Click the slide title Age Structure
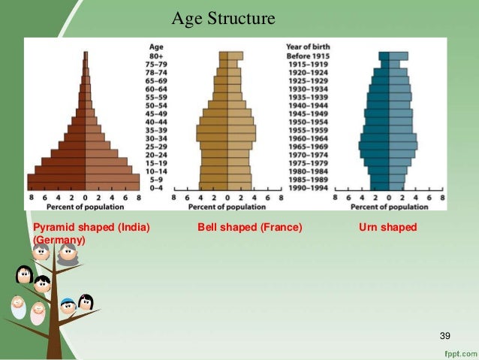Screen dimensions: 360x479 [x=223, y=18]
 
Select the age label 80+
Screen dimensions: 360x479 [x=157, y=55]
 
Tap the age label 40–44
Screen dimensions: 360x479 [x=157, y=120]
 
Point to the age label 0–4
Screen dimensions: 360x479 [x=157, y=188]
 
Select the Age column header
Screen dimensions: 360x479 [x=157, y=46]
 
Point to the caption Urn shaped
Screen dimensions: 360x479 [x=388, y=227]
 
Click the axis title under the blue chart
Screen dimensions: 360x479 [x=389, y=206]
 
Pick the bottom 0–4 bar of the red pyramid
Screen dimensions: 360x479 [x=84, y=188]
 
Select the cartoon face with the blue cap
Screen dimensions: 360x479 [x=67, y=305]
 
